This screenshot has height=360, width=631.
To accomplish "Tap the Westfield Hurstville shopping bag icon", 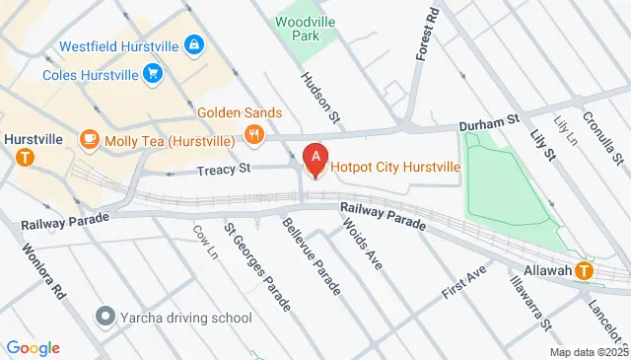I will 194,45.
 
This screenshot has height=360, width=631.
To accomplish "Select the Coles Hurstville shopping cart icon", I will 152,73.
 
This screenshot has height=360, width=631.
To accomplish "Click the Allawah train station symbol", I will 585,270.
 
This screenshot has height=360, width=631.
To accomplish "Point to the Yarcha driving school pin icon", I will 105,318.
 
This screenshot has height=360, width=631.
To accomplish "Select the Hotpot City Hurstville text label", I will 395,167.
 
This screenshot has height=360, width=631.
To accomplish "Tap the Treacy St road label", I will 224,169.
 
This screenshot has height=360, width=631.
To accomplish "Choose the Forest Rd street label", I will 426,36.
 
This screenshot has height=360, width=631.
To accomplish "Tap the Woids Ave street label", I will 362,243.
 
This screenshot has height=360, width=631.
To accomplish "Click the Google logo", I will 33,347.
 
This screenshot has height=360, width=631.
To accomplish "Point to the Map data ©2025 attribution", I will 589,352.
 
